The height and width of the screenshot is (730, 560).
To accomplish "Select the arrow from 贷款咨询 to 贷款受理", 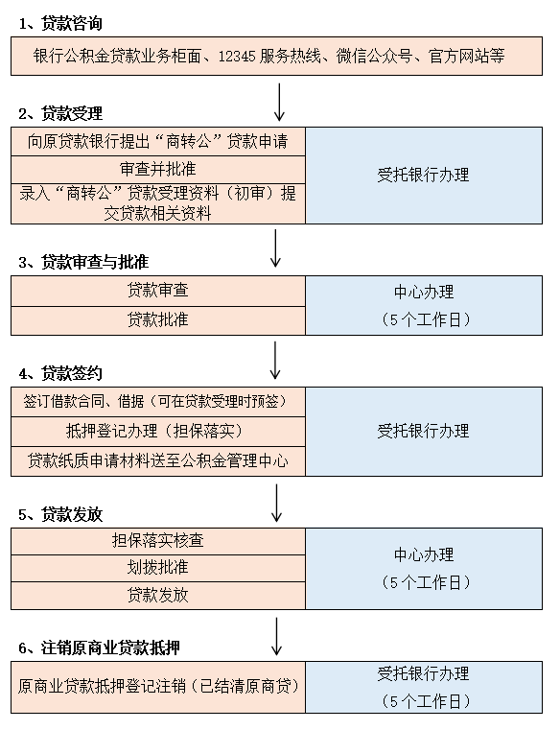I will coord(279,99).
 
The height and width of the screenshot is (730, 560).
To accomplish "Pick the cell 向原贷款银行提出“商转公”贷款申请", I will coord(158,142).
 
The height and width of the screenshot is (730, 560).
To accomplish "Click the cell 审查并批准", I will coord(158,168).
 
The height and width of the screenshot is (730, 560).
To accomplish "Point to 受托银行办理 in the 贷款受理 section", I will coord(423,175).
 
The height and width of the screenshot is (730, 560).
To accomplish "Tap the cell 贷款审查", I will coord(158,291).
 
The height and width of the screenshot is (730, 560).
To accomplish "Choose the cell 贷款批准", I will coord(158,318).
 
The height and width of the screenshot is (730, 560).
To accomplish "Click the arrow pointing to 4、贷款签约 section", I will coord(276,359).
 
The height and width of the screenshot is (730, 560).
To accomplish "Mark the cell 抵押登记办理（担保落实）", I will coord(158,431).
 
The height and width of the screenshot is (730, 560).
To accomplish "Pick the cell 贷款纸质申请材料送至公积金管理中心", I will coord(158,460).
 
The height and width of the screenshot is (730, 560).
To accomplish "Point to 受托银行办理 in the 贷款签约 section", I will coord(423,431).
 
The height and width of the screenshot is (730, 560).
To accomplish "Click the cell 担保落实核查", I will coord(158,541).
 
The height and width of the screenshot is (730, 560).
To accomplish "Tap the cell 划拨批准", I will coord(158,568).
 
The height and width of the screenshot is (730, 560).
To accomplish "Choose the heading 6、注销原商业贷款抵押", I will coord(98,648).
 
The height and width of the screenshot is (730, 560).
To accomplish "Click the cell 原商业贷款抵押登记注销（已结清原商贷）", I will coord(158,687).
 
